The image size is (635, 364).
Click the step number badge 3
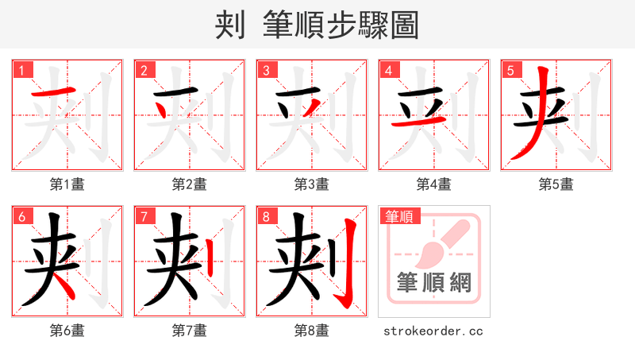coord(267,70)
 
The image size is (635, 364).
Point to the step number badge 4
coord(389,70)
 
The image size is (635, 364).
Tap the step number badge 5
coord(511,70)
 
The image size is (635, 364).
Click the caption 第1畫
coord(67,184)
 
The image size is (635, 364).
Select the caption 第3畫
coord(312,184)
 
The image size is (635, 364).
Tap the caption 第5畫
coord(556,184)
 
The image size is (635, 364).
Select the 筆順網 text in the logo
coord(433,282)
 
